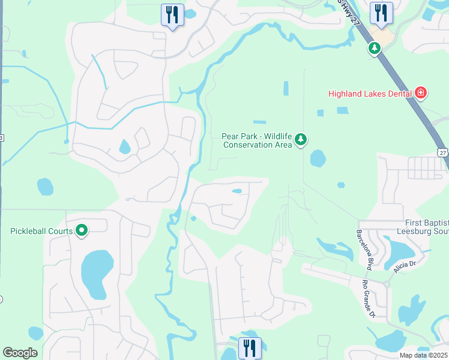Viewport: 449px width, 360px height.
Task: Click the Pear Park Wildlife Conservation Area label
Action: tap(256, 140)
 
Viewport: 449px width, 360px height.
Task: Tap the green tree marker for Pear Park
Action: tap(301, 140)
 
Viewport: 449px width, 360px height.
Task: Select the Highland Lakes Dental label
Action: tap(369, 93)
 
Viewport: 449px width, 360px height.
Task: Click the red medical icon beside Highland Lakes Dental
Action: tap(421, 93)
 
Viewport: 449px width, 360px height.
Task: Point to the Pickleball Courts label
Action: tap(41, 230)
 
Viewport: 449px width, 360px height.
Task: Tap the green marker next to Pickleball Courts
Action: tap(82, 230)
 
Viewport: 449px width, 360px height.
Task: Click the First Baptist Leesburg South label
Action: tap(423, 227)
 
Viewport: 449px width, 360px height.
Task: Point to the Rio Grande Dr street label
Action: tap(367, 298)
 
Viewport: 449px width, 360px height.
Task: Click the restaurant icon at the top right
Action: tap(381, 13)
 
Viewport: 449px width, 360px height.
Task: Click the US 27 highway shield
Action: tap(442, 152)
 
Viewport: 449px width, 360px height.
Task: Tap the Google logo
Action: tap(20, 353)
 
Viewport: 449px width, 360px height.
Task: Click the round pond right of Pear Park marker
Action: tap(318, 158)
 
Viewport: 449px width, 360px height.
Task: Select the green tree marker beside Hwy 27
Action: tap(375, 48)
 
